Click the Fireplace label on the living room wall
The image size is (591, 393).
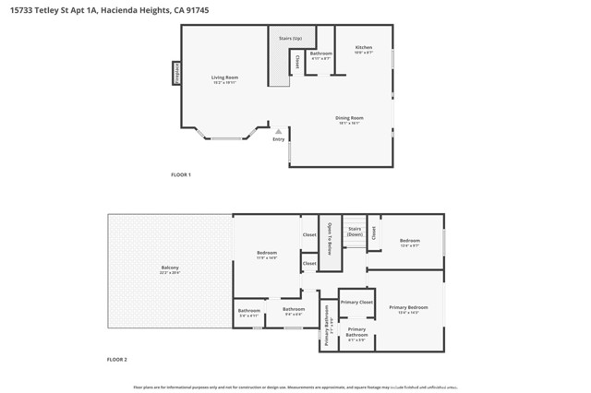coord(176,74)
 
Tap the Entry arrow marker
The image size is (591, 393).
coord(278,132)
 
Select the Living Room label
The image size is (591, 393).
coord(224,79)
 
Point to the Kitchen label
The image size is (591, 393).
coord(365,49)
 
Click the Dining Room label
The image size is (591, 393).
coord(349,120)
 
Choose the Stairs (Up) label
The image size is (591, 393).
coord(290,38)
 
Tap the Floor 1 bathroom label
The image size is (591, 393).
coord(320,55)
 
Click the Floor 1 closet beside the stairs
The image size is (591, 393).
coord(297,63)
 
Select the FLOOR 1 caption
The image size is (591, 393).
coord(180,174)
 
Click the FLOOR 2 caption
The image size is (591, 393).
coord(117,359)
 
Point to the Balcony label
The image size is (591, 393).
coord(169,269)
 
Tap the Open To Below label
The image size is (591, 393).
coord(330,238)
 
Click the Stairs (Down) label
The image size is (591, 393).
coord(355,232)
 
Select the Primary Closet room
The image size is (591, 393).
coord(356,303)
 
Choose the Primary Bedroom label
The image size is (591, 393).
coord(408,309)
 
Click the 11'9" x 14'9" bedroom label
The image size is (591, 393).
coord(266,255)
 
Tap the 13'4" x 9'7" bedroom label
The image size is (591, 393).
coord(410,243)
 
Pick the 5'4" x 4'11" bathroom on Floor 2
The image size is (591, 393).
coord(248,313)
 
